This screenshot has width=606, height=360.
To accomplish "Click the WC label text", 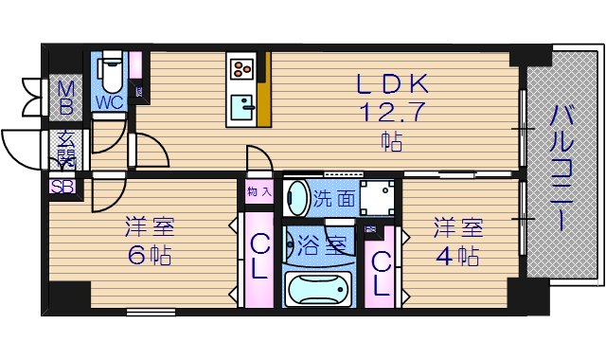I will (107, 99).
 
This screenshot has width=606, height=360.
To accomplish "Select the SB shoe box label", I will (62, 187).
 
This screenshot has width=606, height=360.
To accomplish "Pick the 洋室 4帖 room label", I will (458, 242).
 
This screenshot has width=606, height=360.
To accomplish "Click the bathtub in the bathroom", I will (318, 287).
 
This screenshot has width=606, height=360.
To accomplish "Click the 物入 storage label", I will (258, 192).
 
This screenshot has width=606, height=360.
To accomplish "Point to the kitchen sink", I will (242, 104).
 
